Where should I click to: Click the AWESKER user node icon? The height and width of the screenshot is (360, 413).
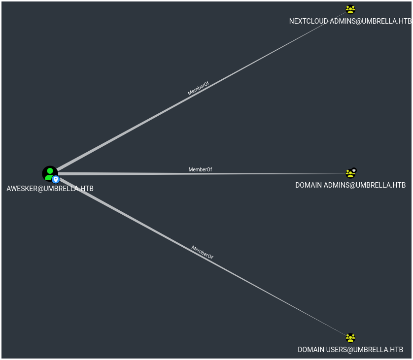pos(50,174)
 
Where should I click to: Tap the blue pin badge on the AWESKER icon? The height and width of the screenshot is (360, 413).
pos(56,180)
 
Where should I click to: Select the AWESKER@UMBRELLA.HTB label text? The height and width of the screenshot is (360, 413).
pos(50,189)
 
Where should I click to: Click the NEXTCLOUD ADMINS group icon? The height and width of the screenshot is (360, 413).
pos(350,9)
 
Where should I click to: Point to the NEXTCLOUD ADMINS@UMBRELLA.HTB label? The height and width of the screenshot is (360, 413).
pos(350,21)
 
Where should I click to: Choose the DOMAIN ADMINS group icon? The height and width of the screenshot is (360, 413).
pos(350,173)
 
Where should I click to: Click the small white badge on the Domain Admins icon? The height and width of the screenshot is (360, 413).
pos(354,170)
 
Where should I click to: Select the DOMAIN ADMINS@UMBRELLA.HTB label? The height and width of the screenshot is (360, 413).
pos(350,185)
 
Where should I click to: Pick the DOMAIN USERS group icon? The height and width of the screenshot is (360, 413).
pos(350,338)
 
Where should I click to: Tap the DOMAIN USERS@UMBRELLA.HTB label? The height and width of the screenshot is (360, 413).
pos(350,350)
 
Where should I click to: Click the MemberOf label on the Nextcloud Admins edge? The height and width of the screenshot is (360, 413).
pos(198,88)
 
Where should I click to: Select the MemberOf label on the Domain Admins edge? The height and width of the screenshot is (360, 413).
pos(200,169)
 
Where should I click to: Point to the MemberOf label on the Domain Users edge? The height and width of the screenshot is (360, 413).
pos(202,252)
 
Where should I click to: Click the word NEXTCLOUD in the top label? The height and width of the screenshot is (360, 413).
pos(308,21)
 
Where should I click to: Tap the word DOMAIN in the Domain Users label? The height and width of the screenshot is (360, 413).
pos(310,350)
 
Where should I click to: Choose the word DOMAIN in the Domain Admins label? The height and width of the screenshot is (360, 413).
pos(309,185)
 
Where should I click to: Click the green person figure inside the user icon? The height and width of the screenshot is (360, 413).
pos(49,173)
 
